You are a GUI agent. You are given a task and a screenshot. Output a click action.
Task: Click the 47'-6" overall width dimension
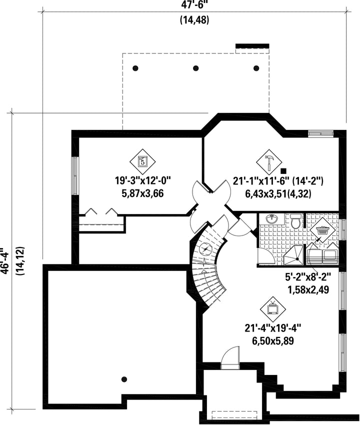tap(194, 5)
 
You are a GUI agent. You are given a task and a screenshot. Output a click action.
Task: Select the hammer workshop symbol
tap(269, 162)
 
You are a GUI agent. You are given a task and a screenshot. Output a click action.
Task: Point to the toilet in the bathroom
tap(295, 221)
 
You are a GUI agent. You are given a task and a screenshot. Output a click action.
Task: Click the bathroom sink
tap(271, 219)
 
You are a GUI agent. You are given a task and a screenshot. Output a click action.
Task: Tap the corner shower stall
tap(294, 255)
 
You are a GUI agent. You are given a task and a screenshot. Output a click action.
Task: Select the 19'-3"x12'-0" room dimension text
tap(142, 180)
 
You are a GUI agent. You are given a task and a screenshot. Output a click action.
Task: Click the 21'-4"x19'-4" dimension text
tap(273, 328)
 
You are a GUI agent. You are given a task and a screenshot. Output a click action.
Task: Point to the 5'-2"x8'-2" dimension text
tap(308, 277)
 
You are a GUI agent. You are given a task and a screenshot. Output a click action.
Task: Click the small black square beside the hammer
tap(284, 171)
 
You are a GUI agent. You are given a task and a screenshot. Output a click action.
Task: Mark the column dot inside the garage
tap(124, 379)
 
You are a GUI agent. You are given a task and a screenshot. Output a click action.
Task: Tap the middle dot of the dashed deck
tap(195, 68)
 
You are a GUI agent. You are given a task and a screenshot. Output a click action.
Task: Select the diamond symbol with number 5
tap(142, 161)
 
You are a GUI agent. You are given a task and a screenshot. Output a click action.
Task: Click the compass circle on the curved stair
tap(205, 249)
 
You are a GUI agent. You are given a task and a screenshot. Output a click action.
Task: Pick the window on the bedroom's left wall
tap(75, 175)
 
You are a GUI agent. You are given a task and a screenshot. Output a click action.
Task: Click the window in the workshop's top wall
tap(320, 133)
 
